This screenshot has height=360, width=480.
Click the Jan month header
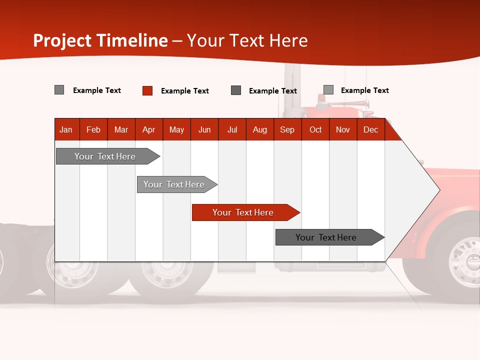click(x=66, y=129)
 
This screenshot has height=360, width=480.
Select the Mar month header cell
click(x=121, y=129)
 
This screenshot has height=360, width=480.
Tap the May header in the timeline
click(x=176, y=129)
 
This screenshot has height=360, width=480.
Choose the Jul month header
click(x=232, y=129)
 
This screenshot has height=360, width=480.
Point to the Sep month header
click(x=287, y=129)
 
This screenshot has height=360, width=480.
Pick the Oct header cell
click(x=315, y=129)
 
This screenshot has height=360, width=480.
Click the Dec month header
click(x=370, y=129)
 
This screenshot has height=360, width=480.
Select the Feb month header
click(x=93, y=129)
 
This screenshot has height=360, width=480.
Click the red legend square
click(x=147, y=90)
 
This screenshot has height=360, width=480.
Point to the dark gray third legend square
click(x=236, y=90)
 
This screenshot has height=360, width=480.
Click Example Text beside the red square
click(x=184, y=91)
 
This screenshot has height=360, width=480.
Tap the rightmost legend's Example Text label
click(x=364, y=90)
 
